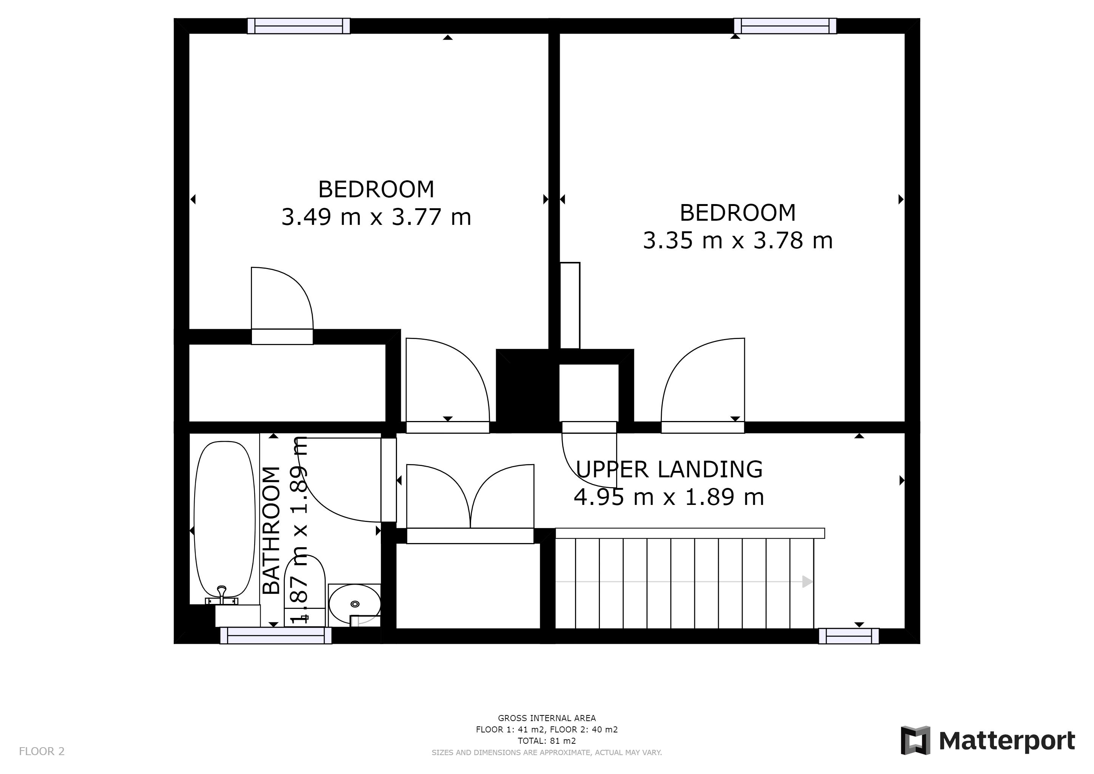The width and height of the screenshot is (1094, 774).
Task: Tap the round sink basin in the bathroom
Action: (354, 604)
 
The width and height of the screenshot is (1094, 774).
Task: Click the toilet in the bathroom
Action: (305, 588)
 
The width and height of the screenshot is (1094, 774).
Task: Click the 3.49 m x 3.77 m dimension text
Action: (376, 217)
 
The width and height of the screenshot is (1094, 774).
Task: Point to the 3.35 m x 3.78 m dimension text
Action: (738, 240)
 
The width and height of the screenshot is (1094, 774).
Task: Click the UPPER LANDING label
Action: (669, 469)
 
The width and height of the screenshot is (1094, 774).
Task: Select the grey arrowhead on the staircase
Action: (807, 582)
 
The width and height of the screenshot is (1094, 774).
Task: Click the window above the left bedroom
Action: (299, 26)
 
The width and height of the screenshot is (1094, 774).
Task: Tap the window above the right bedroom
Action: (785, 26)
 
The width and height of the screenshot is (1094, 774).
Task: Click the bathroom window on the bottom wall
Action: (275, 636)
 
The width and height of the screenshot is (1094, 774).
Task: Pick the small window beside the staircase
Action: (848, 636)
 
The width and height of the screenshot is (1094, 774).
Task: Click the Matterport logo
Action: (987, 741)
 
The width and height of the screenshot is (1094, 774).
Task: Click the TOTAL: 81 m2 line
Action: (547, 741)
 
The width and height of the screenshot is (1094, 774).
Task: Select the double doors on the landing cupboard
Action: (470, 497)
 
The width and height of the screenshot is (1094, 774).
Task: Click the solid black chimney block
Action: (527, 391)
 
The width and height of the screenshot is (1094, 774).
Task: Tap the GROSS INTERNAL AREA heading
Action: (547, 718)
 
